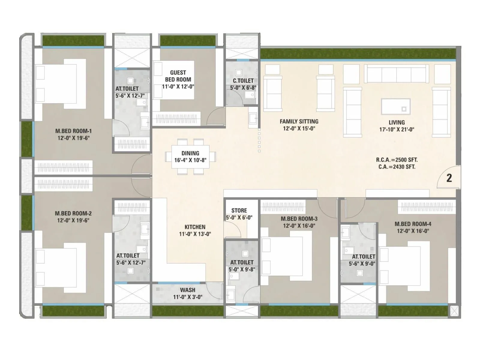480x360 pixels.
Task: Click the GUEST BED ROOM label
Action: (178, 76)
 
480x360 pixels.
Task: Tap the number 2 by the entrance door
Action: (449, 178)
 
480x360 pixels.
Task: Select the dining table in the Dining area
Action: (190, 156)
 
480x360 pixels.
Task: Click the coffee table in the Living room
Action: (395, 106)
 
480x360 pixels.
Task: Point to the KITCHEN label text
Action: (195, 227)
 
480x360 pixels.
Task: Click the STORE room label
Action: (239, 211)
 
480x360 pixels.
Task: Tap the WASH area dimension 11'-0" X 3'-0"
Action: (188, 297)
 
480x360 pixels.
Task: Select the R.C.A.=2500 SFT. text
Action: (397, 160)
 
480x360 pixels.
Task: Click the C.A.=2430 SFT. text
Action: (397, 167)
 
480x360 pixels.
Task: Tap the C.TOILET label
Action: (243, 81)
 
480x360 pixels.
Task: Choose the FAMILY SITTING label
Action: (299, 121)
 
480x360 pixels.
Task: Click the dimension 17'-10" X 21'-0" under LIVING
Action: (397, 130)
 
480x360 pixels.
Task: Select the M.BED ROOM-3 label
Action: (299, 219)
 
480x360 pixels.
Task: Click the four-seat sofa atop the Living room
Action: (396, 74)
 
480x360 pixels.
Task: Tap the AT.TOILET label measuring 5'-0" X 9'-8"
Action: (242, 262)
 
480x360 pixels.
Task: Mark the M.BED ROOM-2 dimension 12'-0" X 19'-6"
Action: (73, 220)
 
